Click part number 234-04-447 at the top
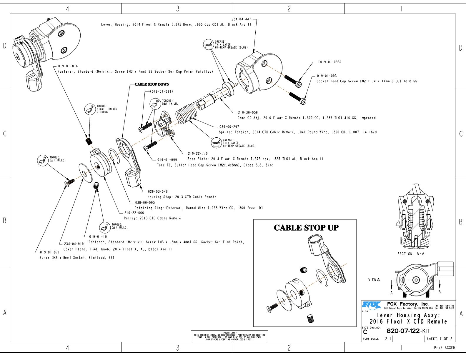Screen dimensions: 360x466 (241, 19)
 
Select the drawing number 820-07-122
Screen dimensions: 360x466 (403, 331)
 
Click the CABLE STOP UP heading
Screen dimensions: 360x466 (306, 228)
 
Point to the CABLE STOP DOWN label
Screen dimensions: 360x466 (152, 84)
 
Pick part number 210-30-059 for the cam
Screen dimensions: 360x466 (248, 112)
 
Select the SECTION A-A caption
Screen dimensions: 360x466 (411, 254)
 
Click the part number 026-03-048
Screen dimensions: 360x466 (158, 191)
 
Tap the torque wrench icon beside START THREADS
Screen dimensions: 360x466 (89, 109)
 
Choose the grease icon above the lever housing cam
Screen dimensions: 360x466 (209, 45)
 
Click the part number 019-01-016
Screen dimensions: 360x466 (68, 66)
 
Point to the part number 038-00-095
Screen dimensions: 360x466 (145, 203)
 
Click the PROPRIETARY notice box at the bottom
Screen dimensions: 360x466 (229, 336)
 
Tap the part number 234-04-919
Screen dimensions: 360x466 (74, 244)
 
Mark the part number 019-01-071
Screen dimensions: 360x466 (50, 252)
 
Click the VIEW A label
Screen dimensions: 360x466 (374, 280)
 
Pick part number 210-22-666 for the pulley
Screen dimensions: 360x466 (134, 213)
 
